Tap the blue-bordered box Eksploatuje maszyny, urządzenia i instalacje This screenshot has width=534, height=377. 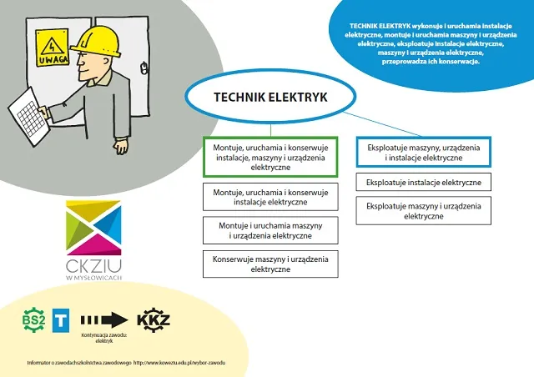pos(423,152)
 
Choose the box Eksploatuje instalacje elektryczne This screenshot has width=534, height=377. pos(423,181)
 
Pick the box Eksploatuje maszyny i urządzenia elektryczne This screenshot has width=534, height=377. pos(423,210)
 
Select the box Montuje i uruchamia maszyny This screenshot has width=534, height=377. pos(270,230)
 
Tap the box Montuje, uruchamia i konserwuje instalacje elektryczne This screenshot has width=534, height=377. pos(270,197)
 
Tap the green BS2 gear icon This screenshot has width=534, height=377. pos(34,318)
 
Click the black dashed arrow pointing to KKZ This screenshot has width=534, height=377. pos(103,319)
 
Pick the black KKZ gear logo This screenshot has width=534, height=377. pos(154,318)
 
